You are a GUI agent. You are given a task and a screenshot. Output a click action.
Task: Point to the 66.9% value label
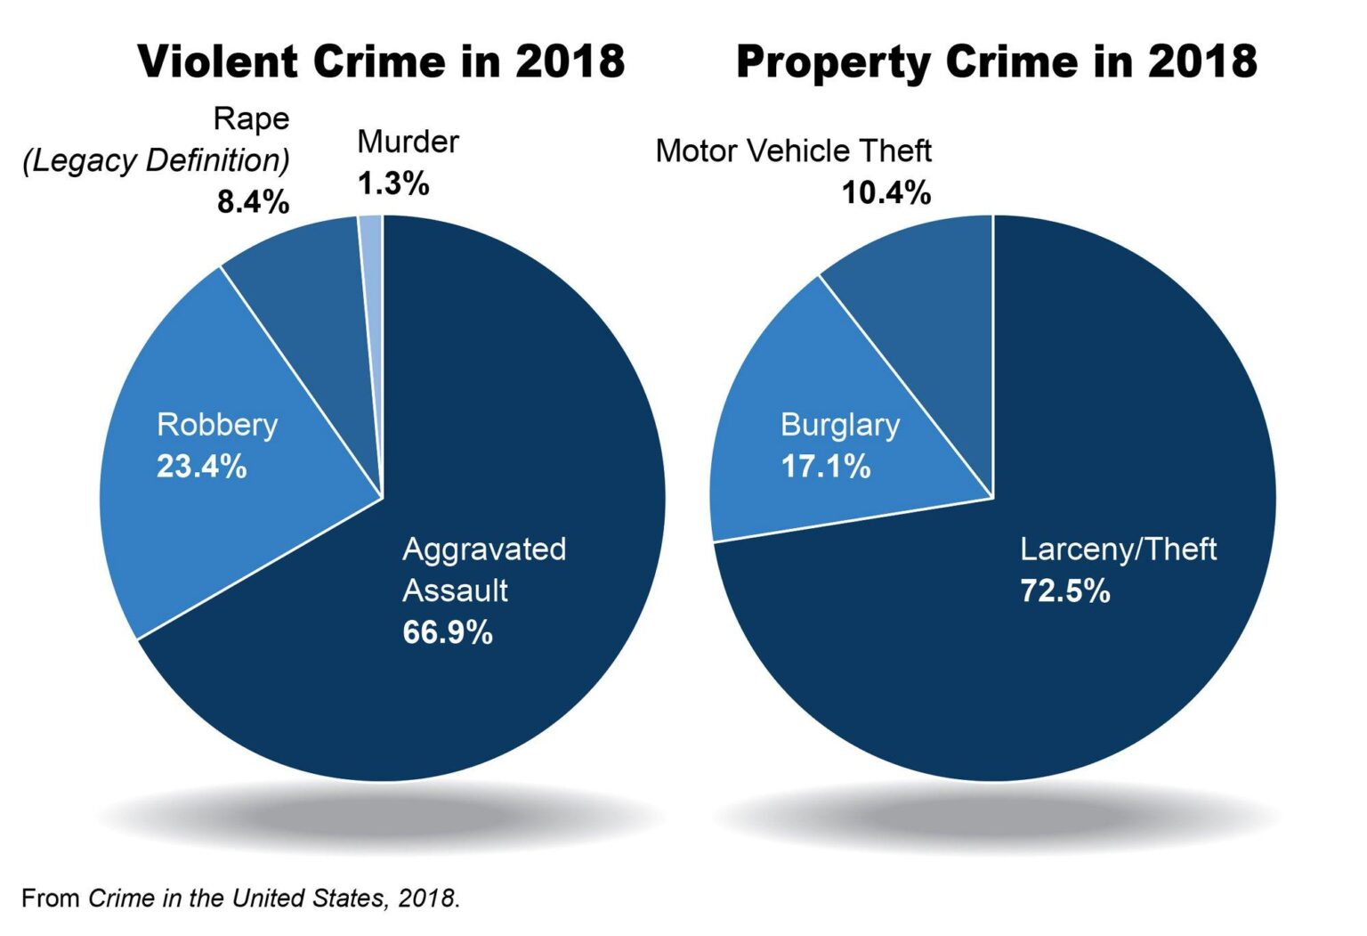447,632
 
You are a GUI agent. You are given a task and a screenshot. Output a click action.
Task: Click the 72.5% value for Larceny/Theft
1064,590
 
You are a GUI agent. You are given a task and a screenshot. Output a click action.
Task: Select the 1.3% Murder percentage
392,183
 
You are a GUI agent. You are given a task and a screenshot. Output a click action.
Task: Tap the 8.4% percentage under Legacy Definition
253,202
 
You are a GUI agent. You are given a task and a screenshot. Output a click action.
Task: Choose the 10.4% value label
886,192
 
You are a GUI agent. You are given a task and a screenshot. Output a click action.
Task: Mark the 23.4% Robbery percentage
201,467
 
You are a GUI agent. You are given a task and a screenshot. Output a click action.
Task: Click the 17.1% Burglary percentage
825,467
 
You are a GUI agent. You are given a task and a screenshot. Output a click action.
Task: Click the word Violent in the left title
217,62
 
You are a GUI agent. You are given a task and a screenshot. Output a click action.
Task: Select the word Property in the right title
833,62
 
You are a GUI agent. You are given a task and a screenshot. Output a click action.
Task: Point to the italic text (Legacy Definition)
156,161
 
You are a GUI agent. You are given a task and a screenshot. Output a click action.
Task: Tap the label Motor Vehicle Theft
793,151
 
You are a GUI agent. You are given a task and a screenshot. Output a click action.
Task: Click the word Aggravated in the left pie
483,549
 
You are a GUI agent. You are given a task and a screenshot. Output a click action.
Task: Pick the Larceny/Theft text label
1118,549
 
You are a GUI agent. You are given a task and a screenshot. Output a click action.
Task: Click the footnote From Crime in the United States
240,898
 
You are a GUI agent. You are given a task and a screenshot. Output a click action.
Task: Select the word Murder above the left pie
408,142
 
